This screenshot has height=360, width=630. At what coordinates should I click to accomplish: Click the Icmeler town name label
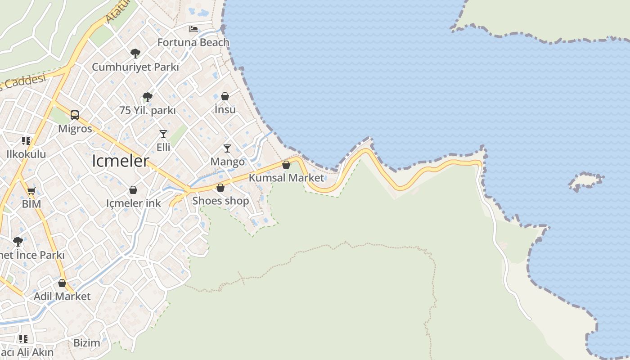pos(120,161)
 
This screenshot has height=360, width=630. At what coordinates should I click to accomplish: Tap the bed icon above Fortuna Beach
pos(193,29)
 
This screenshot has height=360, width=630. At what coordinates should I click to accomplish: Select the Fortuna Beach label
pos(193,42)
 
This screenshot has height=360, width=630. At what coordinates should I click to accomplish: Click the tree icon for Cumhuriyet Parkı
pos(135,54)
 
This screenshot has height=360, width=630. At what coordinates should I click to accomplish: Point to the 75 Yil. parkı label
pos(147,110)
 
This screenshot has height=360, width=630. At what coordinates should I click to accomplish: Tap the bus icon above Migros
pos(75,115)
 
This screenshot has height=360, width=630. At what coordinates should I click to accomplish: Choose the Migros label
pos(75,129)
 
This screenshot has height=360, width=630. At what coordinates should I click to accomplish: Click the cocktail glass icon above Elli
pos(163,134)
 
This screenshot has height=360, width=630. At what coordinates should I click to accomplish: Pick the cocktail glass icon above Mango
pos(227,148)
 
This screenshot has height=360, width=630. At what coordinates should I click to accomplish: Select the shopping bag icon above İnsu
pos(225,96)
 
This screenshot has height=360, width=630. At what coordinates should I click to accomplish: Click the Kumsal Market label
pos(286,178)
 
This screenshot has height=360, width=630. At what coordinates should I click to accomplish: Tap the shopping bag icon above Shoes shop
pos(220,188)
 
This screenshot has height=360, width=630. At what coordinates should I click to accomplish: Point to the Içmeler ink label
pos(133,203)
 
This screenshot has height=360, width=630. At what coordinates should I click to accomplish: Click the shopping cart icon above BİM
pos(31,191)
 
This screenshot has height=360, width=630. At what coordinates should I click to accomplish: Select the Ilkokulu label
pos(26,154)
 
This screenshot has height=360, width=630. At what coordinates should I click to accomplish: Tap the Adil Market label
pos(62,296)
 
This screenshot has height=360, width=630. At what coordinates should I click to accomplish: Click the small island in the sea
pos(585,181)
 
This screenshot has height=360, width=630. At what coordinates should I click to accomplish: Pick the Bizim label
pos(86,342)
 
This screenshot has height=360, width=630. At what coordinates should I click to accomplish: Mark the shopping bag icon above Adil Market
pos(62,283)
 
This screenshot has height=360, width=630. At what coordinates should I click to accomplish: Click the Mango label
pos(228,162)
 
